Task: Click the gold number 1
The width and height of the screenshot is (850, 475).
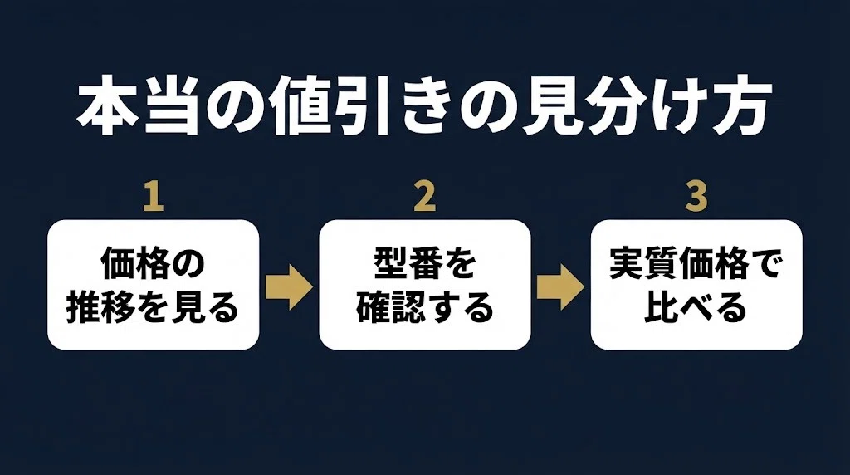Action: [x=154, y=196]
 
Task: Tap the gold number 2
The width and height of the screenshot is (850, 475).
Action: [x=424, y=196]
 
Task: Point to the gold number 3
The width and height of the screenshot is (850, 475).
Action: [x=696, y=196]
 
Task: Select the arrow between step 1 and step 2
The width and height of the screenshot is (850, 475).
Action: [x=289, y=287]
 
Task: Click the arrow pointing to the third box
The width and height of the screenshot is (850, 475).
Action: [x=560, y=287]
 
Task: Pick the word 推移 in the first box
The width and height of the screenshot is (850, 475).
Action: [x=100, y=307]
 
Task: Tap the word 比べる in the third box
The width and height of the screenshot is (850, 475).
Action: [x=696, y=307]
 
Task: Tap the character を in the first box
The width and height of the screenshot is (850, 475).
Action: [x=153, y=307]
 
